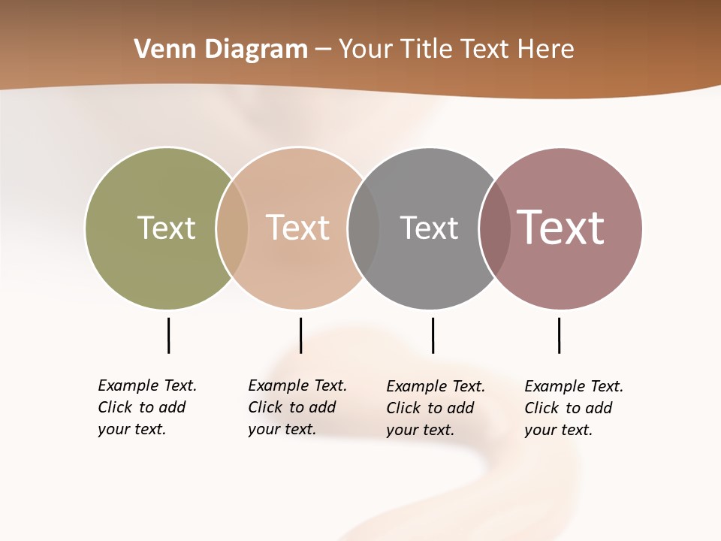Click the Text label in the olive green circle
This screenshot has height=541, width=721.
pos(166,228)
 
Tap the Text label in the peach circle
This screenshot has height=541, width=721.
pos(298,228)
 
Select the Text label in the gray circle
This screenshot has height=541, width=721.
pos(429,228)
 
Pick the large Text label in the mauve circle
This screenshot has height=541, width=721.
pos(561,228)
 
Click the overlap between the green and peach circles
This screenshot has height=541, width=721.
pos(232,228)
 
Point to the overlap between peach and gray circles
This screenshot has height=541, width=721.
pos(364,228)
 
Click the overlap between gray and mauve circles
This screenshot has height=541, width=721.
pos(495,228)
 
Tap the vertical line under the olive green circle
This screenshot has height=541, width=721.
pos(168,335)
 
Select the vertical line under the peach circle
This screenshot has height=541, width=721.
pos(300,335)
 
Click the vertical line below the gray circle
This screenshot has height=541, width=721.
pos(433,335)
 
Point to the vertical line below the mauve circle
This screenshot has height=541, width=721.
pos(559,335)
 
